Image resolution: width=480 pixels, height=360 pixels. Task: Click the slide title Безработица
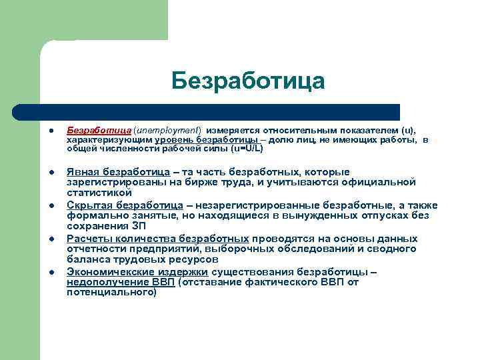pyautogui.click(x=248, y=81)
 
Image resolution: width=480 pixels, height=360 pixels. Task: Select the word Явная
pyautogui.click(x=81, y=172)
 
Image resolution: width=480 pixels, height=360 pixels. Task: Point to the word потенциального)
pyautogui.click(x=111, y=292)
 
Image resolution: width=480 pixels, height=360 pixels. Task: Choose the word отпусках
pyautogui.click(x=369, y=215)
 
